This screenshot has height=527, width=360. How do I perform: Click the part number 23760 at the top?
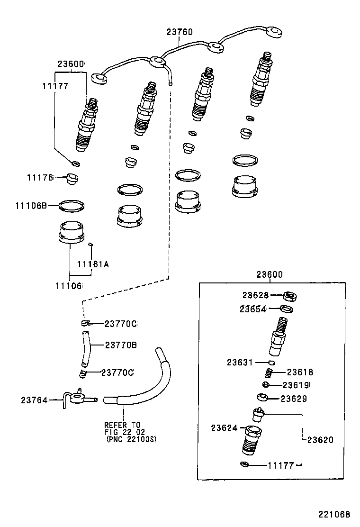180,32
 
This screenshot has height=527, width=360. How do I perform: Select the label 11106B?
31,206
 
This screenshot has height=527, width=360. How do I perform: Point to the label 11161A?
93,264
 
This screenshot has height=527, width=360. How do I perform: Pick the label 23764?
34,400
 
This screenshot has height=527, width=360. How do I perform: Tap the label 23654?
253,309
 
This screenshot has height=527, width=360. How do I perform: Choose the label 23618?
300,373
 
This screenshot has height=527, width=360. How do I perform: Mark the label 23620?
320,440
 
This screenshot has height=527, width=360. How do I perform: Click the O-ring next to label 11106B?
72,206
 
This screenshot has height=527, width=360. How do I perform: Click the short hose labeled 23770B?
85,350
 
